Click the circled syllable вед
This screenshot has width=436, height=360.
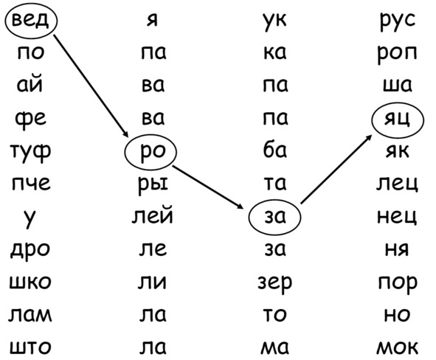click(x=30, y=21)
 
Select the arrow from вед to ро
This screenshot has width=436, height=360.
click(x=91, y=86)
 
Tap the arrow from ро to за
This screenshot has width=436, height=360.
click(x=207, y=187)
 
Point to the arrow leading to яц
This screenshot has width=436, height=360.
click(x=336, y=169)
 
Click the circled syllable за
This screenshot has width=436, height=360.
click(x=274, y=217)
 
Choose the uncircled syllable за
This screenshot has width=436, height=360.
click(x=274, y=249)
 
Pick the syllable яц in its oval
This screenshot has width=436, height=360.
click(x=397, y=120)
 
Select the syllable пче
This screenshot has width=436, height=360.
click(x=31, y=183)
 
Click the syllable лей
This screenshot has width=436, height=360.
click(x=153, y=215)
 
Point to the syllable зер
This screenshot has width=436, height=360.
click(x=274, y=283)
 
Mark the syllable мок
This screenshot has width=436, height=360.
click(x=398, y=347)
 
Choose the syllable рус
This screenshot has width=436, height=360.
click(x=398, y=21)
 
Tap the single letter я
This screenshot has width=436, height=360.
click(x=153, y=20)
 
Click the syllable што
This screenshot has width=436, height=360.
click(x=30, y=347)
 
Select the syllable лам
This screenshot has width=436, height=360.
click(x=30, y=315)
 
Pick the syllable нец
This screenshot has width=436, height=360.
click(x=397, y=217)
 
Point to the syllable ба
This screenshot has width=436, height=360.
click(x=274, y=150)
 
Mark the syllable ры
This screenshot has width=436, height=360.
click(x=153, y=184)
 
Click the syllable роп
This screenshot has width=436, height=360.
click(x=397, y=53)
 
